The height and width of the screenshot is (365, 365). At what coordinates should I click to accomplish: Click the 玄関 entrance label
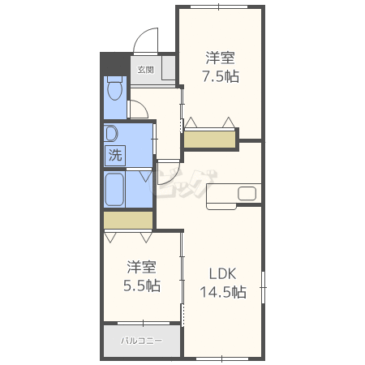tap(146, 70)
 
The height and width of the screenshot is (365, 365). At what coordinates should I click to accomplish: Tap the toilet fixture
tap(115, 88)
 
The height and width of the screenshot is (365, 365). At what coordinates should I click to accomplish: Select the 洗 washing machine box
tap(115, 156)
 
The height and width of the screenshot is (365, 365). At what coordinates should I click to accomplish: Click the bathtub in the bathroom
tap(114, 189)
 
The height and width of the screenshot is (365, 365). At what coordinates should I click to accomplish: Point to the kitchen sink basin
tap(247, 193)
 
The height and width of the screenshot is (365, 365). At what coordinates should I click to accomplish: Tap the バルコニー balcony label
tap(142, 341)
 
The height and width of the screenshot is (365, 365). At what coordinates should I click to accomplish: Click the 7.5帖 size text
tap(221, 76)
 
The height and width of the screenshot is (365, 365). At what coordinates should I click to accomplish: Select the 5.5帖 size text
tap(142, 286)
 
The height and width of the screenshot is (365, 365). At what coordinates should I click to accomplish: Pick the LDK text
tap(223, 274)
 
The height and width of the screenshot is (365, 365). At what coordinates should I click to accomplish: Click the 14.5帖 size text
tap(223, 292)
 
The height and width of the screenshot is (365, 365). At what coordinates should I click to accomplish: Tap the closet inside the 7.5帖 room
tap(210, 140)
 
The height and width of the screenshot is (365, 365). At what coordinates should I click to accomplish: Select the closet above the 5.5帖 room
tap(128, 220)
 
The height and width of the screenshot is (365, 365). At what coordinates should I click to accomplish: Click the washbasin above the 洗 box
tap(112, 134)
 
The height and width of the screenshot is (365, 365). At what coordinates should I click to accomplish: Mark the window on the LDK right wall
tap(263, 287)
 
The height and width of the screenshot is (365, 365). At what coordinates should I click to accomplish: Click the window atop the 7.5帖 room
tap(219, 6)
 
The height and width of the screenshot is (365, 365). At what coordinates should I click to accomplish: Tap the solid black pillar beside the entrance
tap(115, 64)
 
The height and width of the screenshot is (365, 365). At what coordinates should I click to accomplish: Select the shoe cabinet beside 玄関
tap(169, 68)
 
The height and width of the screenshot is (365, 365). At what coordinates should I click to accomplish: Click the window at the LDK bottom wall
tap(221, 359)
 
